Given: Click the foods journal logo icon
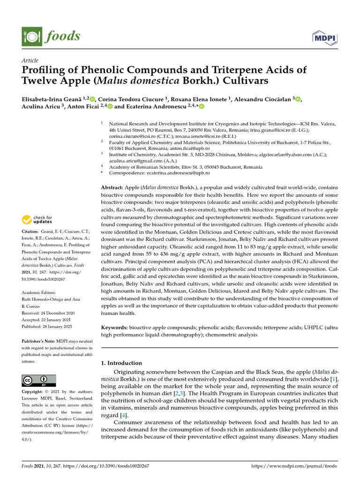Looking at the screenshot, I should [30, 37].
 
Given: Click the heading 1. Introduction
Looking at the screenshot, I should [121, 363].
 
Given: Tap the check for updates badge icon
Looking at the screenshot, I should [28, 219].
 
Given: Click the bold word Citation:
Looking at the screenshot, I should [32, 232].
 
